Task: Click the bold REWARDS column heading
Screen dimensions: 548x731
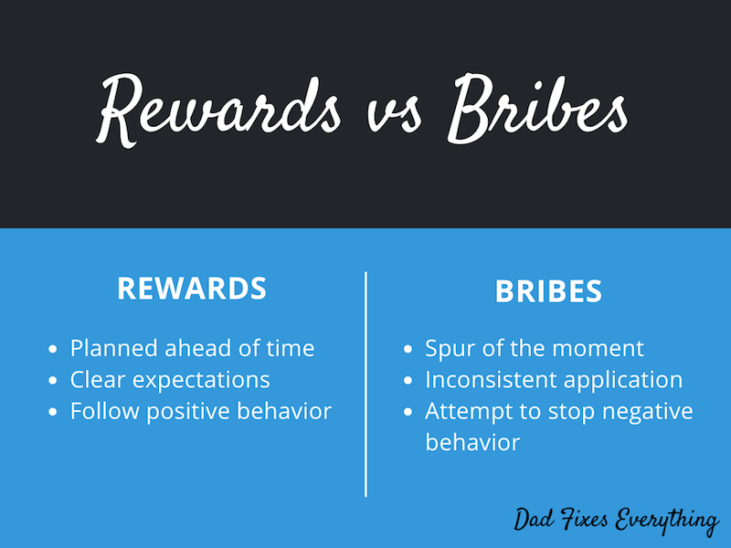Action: coord(192,289)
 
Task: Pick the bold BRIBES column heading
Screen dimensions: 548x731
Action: coord(548,291)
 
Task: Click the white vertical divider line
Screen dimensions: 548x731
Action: coord(366,384)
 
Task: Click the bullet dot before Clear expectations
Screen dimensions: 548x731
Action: coord(53,380)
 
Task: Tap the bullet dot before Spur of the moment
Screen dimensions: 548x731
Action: coord(408,349)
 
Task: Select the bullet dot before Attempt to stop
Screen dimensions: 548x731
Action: coord(408,411)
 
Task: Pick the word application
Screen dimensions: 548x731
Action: coord(622,380)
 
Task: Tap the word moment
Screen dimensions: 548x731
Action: coord(602,349)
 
